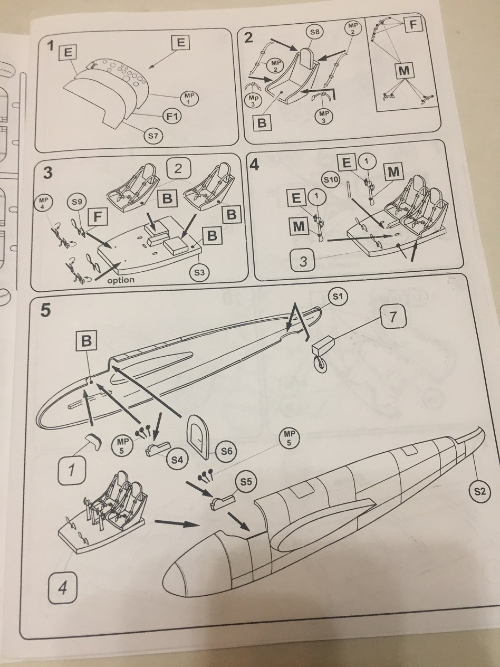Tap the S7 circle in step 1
(x=153, y=136)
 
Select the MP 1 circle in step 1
(x=189, y=97)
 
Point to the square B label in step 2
(x=262, y=123)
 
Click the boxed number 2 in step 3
(x=178, y=169)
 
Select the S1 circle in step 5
(x=338, y=297)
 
